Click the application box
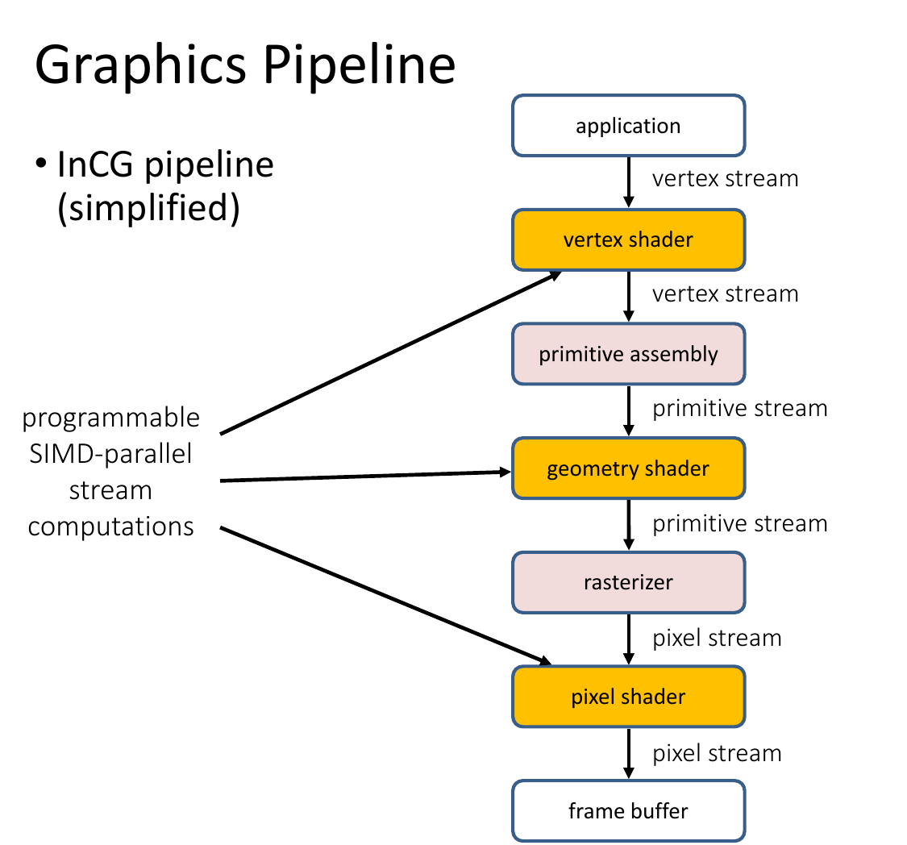click(x=628, y=126)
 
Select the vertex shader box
click(x=628, y=239)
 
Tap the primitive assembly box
click(x=628, y=354)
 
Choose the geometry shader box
click(x=628, y=468)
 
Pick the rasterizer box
click(x=628, y=582)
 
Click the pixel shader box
click(x=628, y=697)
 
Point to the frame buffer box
click(x=628, y=811)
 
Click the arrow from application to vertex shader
click(x=629, y=182)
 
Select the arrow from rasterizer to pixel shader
click(x=629, y=639)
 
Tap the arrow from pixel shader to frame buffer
click(x=629, y=754)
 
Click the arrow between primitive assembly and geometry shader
click(x=629, y=410)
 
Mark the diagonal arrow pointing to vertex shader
click(x=391, y=352)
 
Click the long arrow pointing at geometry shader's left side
click(x=365, y=476)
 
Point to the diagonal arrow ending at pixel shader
click(x=386, y=595)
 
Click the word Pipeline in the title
click(x=360, y=65)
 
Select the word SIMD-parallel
click(x=110, y=453)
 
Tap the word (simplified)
click(x=148, y=208)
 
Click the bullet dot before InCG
click(x=40, y=164)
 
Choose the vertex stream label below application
click(x=726, y=179)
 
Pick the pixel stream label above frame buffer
click(x=718, y=754)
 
